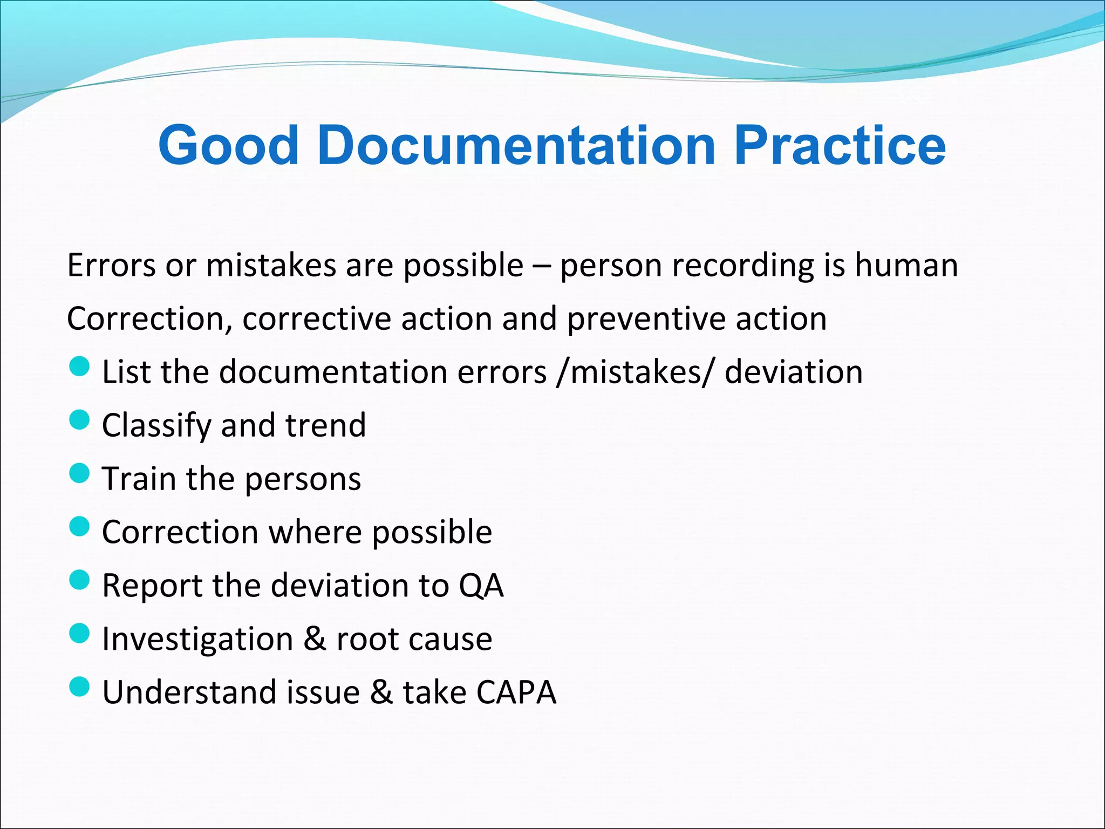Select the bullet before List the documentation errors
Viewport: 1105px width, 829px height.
(80, 367)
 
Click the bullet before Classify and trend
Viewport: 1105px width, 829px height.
(80, 420)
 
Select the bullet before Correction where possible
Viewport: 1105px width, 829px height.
(80, 527)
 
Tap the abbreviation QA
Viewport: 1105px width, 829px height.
(481, 585)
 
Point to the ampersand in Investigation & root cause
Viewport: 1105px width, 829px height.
(315, 638)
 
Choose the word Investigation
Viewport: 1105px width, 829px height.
(197, 638)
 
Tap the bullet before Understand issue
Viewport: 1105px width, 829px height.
(80, 687)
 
